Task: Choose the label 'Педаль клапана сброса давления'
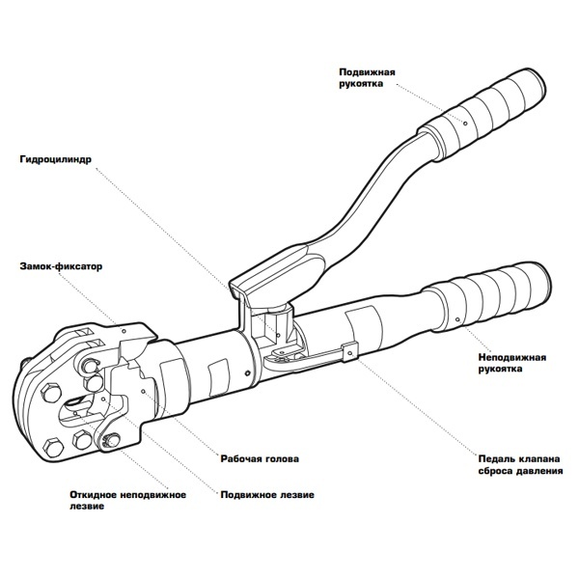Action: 519,464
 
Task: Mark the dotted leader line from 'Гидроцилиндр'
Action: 164,222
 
